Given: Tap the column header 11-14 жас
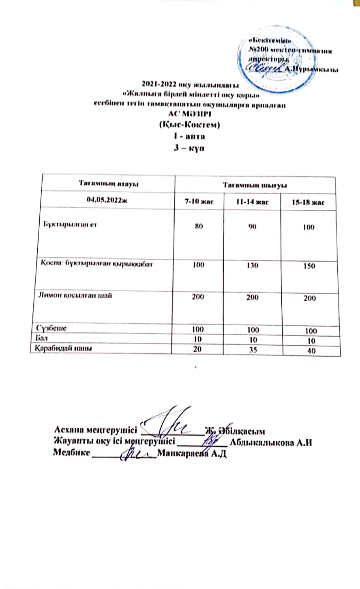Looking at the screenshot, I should tap(252, 201).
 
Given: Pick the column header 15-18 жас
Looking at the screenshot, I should tap(308, 202).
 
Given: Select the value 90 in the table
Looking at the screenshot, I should tap(252, 227).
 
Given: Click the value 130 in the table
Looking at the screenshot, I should tap(252, 265).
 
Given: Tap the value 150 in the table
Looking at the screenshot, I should tap(309, 267).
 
